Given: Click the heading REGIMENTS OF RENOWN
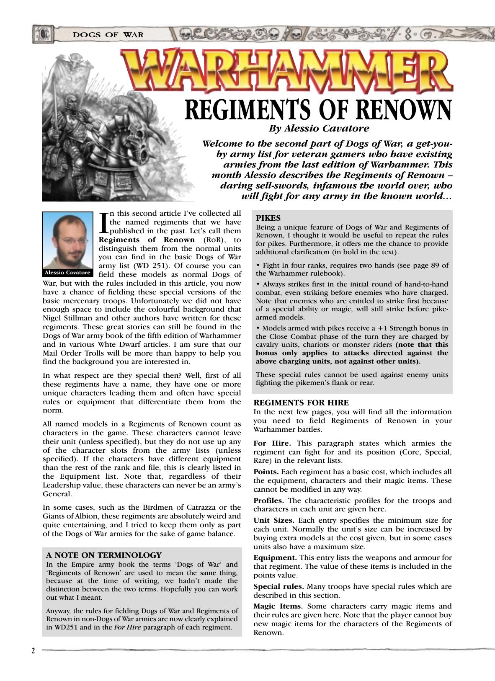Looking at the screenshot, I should (x=318, y=110).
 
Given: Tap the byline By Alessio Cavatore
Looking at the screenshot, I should (x=319, y=128).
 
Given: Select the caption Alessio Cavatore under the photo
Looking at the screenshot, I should (x=67, y=273).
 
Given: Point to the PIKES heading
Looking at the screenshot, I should (x=268, y=218).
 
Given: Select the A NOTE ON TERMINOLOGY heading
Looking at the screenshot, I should (x=103, y=555).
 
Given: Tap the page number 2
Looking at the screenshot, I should (x=33, y=651).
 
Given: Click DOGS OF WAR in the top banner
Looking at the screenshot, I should (x=108, y=34).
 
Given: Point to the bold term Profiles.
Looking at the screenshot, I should (x=269, y=500).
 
